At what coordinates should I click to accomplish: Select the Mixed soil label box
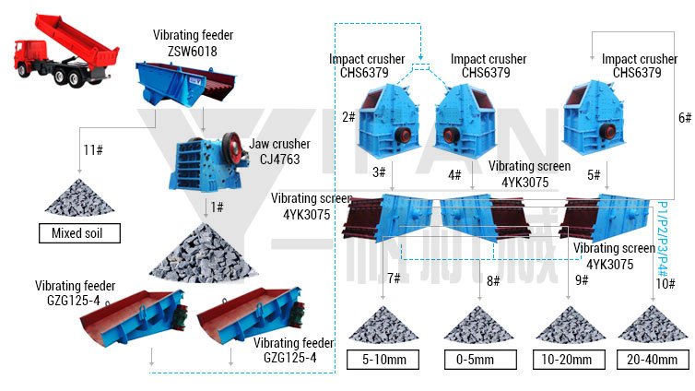(x=79, y=233)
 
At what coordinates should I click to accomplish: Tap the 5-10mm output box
(x=383, y=360)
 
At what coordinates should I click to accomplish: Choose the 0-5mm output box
(x=480, y=360)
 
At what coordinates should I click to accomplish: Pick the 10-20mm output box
(x=569, y=360)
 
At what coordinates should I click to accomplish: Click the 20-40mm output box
(x=653, y=360)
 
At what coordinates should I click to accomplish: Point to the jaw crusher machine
(x=207, y=161)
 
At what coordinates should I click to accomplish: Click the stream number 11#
(x=93, y=150)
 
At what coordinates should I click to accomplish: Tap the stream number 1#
(x=218, y=207)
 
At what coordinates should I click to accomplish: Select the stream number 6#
(x=685, y=117)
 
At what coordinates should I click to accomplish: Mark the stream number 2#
(x=348, y=117)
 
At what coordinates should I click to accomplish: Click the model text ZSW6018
(x=193, y=52)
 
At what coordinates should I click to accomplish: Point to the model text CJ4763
(x=279, y=160)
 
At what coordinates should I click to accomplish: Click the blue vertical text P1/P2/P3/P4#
(x=662, y=240)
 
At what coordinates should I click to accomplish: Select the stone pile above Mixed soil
(x=79, y=198)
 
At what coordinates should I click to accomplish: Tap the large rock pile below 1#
(x=204, y=254)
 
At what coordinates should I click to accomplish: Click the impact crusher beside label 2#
(x=389, y=120)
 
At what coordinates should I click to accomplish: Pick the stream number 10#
(x=666, y=284)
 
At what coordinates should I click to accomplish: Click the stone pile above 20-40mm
(x=653, y=325)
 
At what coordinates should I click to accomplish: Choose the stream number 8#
(x=493, y=280)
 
